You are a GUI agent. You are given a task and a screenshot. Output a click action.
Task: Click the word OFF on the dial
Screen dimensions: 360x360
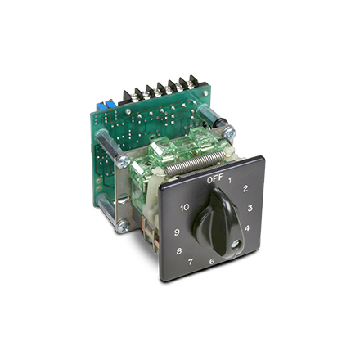pyautogui.click(x=215, y=178)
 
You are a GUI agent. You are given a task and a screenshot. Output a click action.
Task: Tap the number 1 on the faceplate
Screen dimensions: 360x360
pyautogui.click(x=230, y=180)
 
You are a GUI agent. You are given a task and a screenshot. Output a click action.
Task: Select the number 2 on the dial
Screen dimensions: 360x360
pyautogui.click(x=245, y=188)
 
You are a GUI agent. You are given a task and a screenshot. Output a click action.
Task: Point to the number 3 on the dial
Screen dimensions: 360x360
pyautogui.click(x=250, y=208)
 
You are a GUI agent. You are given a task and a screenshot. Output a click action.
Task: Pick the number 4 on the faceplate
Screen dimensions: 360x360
pyautogui.click(x=247, y=227)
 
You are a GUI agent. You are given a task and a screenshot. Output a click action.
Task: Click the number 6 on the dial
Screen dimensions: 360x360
pyautogui.click(x=212, y=261)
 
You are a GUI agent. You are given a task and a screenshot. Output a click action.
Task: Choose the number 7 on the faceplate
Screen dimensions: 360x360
pyautogui.click(x=191, y=262)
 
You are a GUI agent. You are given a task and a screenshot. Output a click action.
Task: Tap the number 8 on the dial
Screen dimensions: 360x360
pyautogui.click(x=179, y=250)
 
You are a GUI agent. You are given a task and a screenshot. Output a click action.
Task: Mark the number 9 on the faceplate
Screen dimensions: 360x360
pyautogui.click(x=177, y=232)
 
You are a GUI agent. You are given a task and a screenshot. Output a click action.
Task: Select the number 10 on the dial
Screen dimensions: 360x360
pyautogui.click(x=185, y=208)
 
